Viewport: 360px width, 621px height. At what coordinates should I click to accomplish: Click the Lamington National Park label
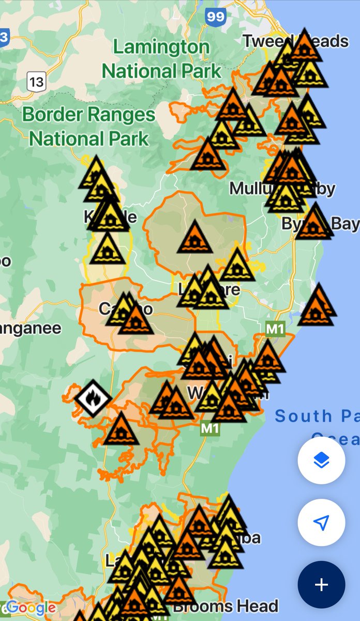161,58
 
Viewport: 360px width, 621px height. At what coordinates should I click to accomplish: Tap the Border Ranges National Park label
88,126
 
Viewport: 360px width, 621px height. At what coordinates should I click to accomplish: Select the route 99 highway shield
215,16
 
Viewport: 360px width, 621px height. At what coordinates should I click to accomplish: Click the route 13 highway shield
36,81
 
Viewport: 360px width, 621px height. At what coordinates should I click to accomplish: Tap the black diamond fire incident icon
93,399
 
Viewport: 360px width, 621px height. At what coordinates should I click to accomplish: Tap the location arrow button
321,523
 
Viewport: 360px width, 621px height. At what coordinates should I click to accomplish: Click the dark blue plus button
321,585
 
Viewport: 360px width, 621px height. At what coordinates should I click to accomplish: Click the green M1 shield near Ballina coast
275,329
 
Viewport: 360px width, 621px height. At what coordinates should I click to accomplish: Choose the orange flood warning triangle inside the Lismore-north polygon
194,238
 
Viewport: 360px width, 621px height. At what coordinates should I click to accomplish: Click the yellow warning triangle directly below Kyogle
107,249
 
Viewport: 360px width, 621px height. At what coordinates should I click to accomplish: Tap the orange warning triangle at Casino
136,320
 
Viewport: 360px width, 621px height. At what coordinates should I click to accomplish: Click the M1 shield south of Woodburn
209,428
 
